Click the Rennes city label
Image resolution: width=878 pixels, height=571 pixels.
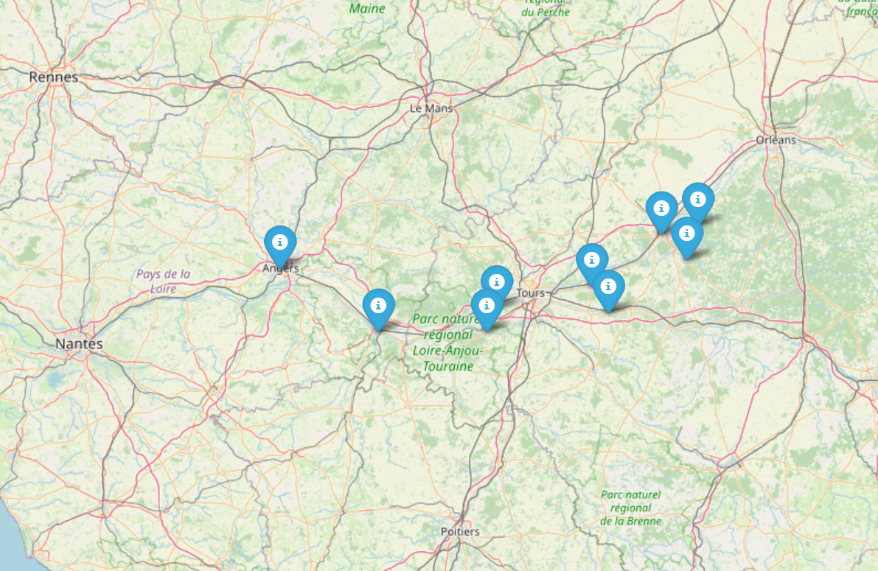click(x=53, y=77)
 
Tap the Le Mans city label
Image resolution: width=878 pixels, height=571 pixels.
click(x=431, y=108)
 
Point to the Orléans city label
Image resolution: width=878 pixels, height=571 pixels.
click(x=776, y=139)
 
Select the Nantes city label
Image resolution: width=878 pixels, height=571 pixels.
click(x=79, y=344)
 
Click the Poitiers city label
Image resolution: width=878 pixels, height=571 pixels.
click(x=459, y=531)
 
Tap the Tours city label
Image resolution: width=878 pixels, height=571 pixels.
click(x=531, y=292)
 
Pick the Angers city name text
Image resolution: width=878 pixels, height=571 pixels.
click(x=281, y=269)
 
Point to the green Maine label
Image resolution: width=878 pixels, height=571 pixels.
click(x=367, y=9)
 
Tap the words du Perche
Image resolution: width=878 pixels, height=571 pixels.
click(x=546, y=12)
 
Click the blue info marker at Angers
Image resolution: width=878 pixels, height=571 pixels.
click(x=280, y=242)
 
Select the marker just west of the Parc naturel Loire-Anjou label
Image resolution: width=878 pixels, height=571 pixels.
click(x=378, y=306)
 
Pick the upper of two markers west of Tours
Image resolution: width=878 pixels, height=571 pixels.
click(x=498, y=281)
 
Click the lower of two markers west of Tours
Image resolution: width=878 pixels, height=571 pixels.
click(x=487, y=305)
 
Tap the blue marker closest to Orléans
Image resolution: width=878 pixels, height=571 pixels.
click(x=697, y=199)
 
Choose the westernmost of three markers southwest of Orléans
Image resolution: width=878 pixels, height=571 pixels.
click(x=661, y=209)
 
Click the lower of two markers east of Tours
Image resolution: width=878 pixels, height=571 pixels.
click(x=608, y=287)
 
